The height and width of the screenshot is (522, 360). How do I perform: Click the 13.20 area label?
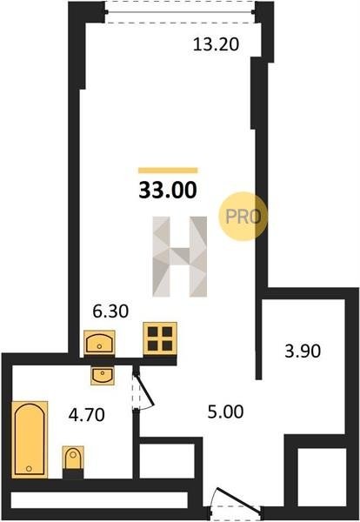[x=216, y=44]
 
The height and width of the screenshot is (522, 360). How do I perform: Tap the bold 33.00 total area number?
[x=168, y=190]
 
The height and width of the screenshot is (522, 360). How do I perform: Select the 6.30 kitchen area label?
[x=110, y=311]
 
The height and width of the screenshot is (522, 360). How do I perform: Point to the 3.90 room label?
[x=303, y=351]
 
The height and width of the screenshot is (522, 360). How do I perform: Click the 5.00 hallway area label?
[x=225, y=412]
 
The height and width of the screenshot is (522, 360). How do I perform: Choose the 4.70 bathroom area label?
[x=86, y=415]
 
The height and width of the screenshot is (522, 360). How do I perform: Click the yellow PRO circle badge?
[x=243, y=217]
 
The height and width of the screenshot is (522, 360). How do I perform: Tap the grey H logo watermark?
[x=180, y=257]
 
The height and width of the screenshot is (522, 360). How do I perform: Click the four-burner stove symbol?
[x=160, y=338]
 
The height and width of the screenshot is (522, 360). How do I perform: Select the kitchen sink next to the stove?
[x=99, y=343]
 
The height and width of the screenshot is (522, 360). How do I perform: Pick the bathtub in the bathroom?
[x=30, y=439]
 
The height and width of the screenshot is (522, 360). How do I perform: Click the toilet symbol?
[x=73, y=458]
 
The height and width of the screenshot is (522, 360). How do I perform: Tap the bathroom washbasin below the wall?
[x=103, y=376]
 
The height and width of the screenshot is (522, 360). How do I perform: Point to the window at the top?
[x=180, y=12]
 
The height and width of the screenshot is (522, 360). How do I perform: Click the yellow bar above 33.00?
[x=168, y=171]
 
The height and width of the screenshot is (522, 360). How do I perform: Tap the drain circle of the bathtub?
[x=29, y=469]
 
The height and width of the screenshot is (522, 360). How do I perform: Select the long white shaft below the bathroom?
[x=99, y=500]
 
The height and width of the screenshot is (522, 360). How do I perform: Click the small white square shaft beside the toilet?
[x=167, y=461]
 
